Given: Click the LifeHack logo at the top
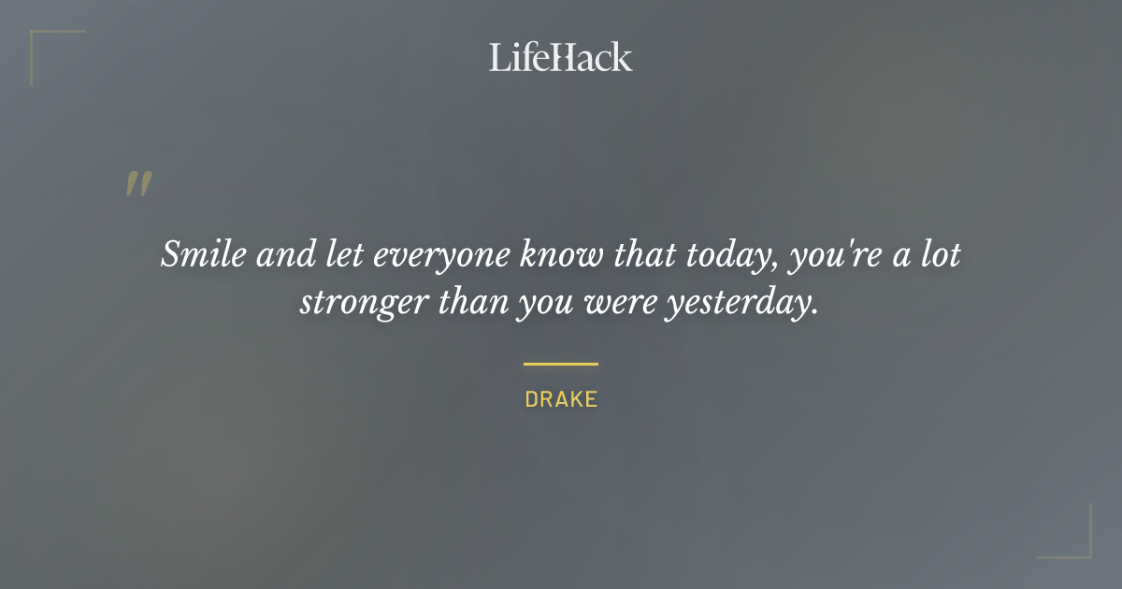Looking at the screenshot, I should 561,57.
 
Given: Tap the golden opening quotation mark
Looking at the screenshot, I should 137,184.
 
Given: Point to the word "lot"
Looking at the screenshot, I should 940,255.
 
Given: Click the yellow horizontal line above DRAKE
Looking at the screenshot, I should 561,364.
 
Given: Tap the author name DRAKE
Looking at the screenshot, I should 561,400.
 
